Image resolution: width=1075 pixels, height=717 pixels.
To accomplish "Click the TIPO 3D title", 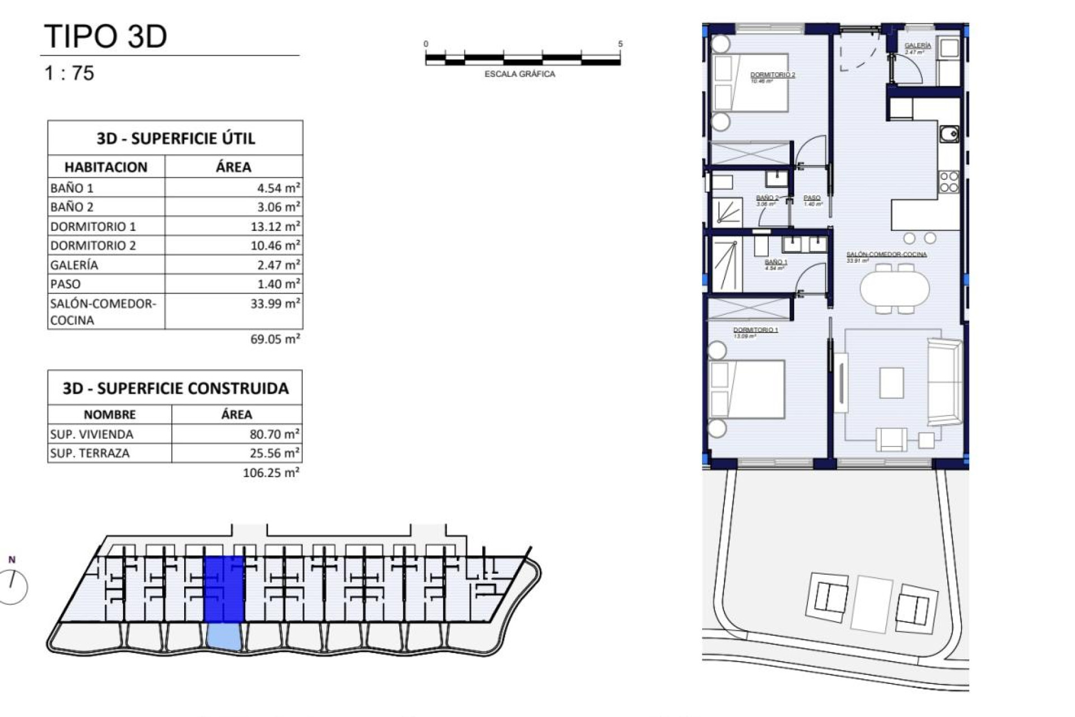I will pos(105,36).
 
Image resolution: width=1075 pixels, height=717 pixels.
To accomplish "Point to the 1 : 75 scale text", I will pos(69,73).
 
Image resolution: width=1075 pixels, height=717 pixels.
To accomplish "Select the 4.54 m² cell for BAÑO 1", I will pos(278,188).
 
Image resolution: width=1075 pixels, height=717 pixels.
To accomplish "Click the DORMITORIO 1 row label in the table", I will pos(93,226).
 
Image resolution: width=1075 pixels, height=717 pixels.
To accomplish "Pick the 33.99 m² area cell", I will pos(275,304).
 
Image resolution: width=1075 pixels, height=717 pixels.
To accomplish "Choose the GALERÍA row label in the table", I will pos(74,265).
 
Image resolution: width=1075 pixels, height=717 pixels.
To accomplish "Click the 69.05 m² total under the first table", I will pos(275,339).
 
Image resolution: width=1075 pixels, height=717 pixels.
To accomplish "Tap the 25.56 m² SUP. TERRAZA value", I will pos(274,453).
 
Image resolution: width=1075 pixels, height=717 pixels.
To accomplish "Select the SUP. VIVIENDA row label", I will pos(92,434).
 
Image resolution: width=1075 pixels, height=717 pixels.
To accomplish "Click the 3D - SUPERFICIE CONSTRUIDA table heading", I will pos(175,388).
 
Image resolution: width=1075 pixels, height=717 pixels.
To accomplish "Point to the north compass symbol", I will pos(12,585).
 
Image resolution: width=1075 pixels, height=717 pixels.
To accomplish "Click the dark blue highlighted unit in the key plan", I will pos(224,589).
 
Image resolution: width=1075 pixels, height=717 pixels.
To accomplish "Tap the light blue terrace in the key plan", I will pos(224,637).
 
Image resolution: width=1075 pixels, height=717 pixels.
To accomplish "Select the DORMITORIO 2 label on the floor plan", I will pos(773,75).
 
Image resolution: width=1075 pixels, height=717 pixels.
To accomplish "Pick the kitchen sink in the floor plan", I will pos(948,134).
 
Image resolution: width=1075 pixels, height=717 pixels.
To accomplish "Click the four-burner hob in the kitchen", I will pos(948,182).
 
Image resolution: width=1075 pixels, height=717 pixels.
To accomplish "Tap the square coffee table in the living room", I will pos(891,383).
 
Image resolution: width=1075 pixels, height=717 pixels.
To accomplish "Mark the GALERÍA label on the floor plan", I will pos(918,45).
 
